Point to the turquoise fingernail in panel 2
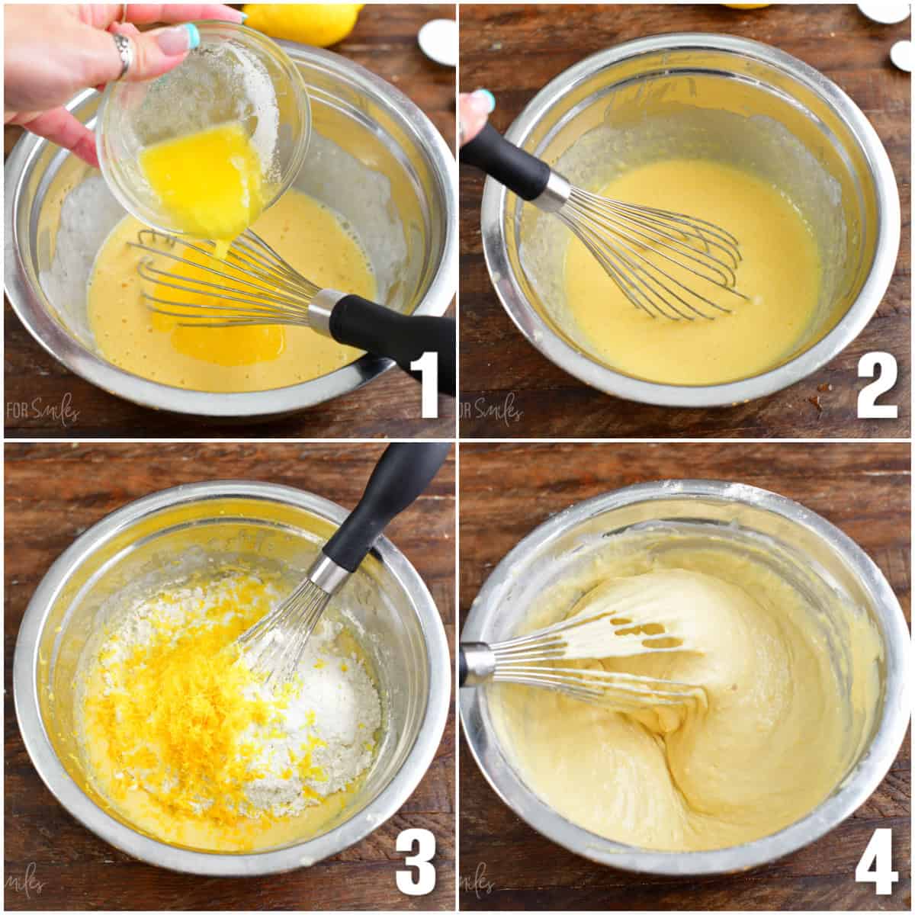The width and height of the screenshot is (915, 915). click(x=483, y=99)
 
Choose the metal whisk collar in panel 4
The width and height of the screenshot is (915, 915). click(x=477, y=663)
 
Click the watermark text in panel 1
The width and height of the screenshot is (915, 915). click(x=42, y=412)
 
